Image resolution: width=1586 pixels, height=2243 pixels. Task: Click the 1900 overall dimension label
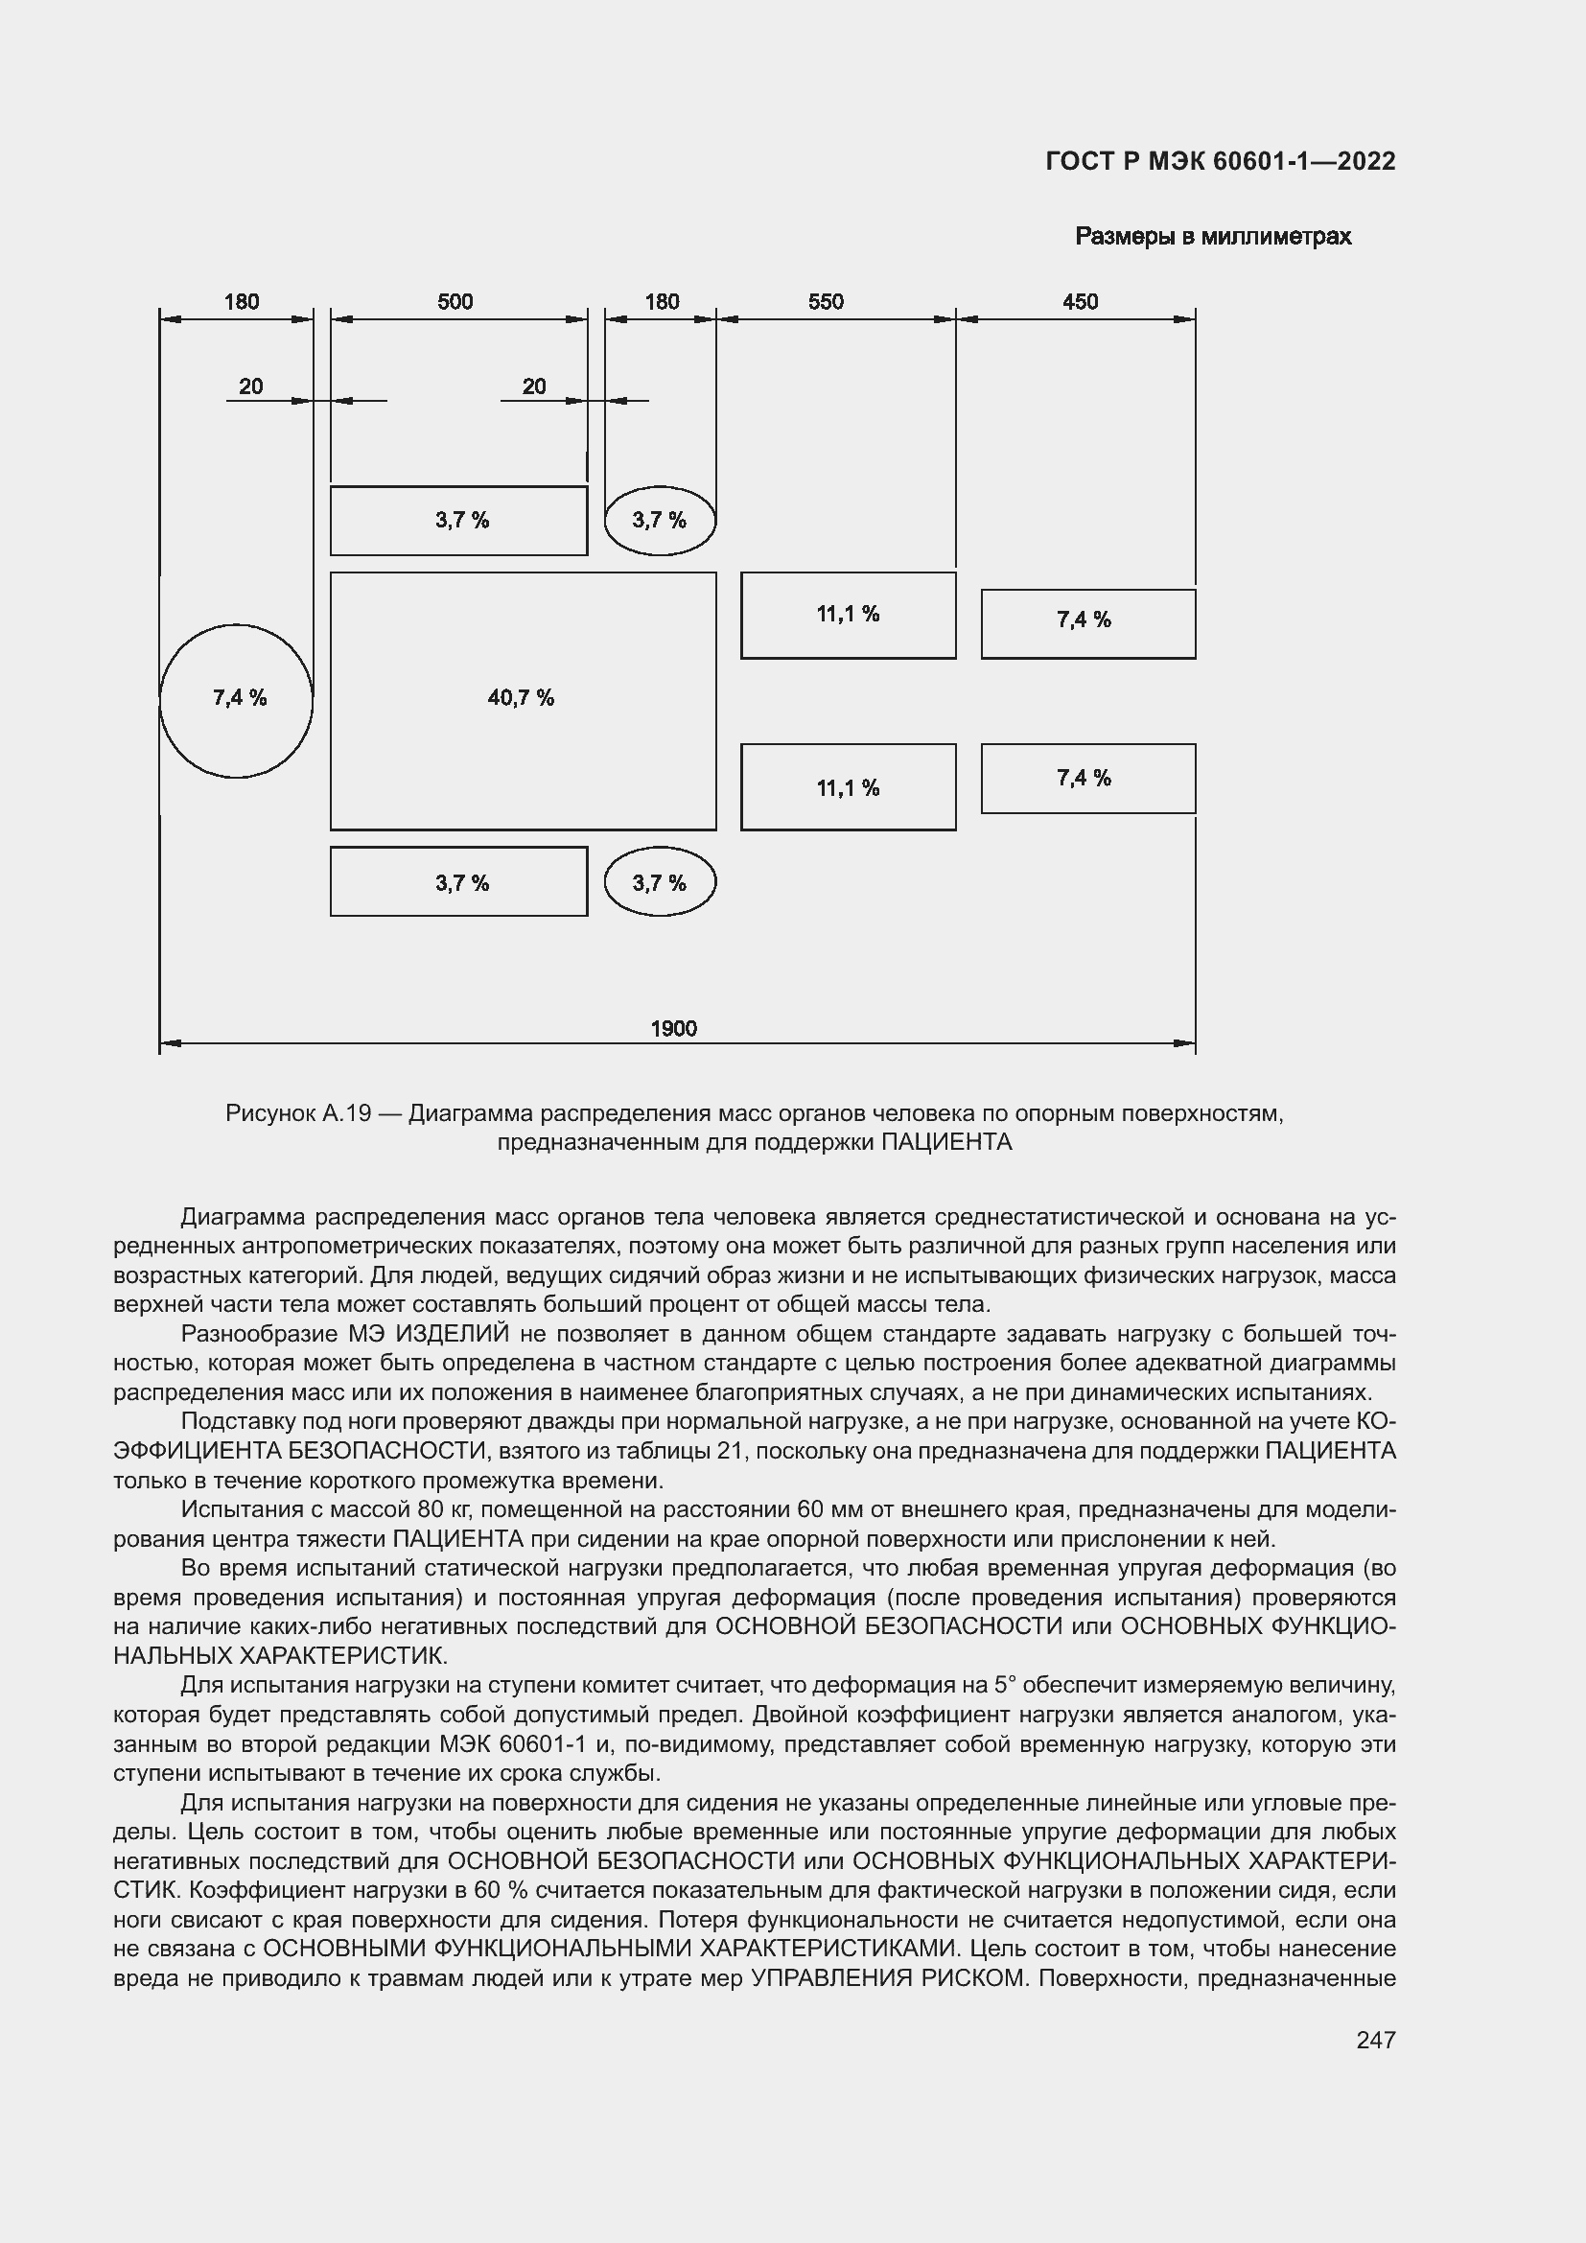673,1028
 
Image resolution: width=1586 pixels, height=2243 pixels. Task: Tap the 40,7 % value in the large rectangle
521,697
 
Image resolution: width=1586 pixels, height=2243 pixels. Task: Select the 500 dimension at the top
455,301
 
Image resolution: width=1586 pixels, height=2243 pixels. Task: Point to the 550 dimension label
826,301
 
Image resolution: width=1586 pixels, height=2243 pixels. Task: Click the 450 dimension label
1080,301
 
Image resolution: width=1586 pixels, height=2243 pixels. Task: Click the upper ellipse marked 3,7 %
660,520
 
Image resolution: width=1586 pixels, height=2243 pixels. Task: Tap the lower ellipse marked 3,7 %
660,882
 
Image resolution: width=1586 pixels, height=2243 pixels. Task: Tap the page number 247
1375,2040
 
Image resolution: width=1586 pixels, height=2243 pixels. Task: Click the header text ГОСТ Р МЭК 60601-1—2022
1220,161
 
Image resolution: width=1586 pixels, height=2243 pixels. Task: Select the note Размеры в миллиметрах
1213,237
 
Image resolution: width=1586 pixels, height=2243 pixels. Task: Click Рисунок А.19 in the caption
298,1112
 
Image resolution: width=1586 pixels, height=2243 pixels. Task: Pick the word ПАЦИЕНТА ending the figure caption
946,1142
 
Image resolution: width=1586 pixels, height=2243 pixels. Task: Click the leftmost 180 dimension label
242,301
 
